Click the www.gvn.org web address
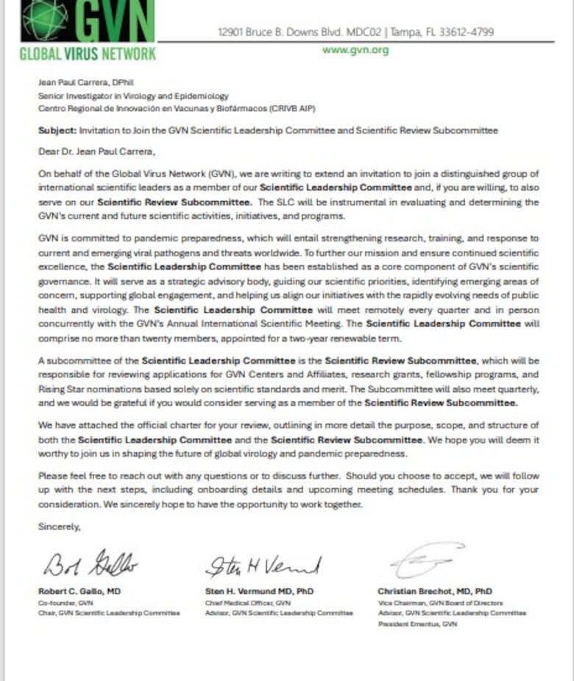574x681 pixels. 355,50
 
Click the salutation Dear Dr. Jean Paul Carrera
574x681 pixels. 90,152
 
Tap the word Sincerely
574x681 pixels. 60,526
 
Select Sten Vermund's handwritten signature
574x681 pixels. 263,565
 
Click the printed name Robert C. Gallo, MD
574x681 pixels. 79,590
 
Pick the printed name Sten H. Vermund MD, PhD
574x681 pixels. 260,590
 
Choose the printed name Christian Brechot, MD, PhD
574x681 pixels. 435,590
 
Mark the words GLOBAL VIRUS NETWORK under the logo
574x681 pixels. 88,54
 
